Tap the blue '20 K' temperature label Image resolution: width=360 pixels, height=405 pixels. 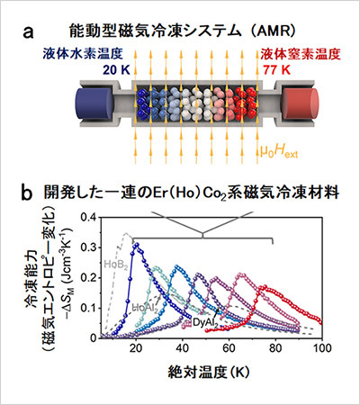(x=116, y=70)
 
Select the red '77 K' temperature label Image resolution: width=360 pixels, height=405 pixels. (x=277, y=70)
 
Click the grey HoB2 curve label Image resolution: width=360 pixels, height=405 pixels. (x=114, y=265)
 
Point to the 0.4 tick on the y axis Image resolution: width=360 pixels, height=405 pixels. (x=89, y=217)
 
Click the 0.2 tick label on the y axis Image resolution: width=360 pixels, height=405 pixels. (x=89, y=278)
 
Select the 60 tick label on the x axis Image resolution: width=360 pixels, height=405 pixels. (x=229, y=348)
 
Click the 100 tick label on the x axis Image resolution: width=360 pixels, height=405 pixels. (x=321, y=348)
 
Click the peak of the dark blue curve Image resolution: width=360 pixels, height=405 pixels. (x=137, y=245)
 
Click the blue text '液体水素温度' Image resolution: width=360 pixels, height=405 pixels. (x=83, y=54)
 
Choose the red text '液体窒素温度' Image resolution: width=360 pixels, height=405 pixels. (x=301, y=54)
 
